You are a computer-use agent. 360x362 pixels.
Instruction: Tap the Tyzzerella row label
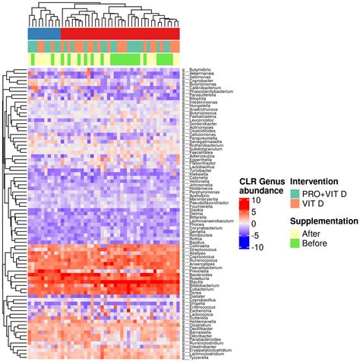coord(196,357)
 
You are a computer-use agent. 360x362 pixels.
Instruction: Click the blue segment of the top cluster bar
coord(44,33)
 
